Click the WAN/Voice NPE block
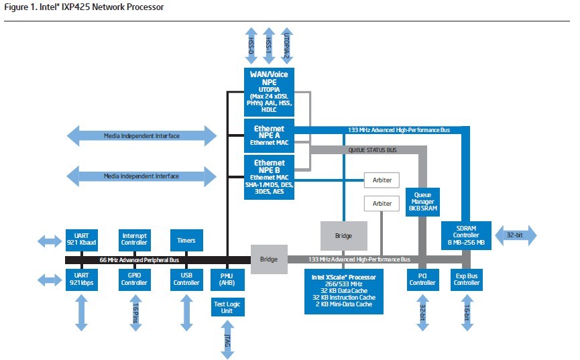coord(269,92)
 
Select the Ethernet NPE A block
coord(269,135)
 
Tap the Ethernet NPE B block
coord(269,177)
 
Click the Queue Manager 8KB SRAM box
coord(422,202)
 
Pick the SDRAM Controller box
coord(466,235)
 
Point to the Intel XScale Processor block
coord(343,292)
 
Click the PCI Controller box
coord(422,280)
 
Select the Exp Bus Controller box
coord(467,280)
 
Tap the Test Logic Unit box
coord(227,307)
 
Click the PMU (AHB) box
coord(227,280)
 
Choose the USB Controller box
coord(186,280)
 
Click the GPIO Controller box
coord(134,280)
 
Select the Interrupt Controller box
coord(134,240)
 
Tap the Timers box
coord(186,241)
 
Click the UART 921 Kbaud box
coord(81,240)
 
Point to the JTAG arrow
coord(227,340)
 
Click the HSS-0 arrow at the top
coord(251,46)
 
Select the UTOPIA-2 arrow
coord(287,46)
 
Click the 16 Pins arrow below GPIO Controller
coord(135,312)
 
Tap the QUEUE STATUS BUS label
coord(372,150)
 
